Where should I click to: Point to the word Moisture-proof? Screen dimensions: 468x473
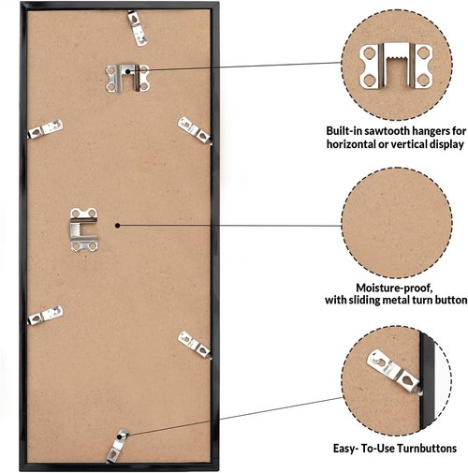click(394, 288)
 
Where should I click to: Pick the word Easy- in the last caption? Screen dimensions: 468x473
click(345, 449)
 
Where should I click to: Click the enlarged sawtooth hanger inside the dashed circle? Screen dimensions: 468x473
click(396, 65)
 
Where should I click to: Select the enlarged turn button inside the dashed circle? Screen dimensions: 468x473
click(394, 372)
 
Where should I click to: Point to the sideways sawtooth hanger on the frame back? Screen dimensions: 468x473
click(84, 229)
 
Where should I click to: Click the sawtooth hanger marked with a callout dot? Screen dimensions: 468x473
click(127, 78)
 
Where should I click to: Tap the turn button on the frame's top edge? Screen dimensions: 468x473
click(138, 28)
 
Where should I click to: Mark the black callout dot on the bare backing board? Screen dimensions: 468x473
click(117, 226)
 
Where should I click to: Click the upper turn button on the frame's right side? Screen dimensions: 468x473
click(195, 130)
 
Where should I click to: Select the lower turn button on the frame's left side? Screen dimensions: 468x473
click(45, 316)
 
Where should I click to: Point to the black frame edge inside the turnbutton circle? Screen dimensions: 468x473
click(427, 381)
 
